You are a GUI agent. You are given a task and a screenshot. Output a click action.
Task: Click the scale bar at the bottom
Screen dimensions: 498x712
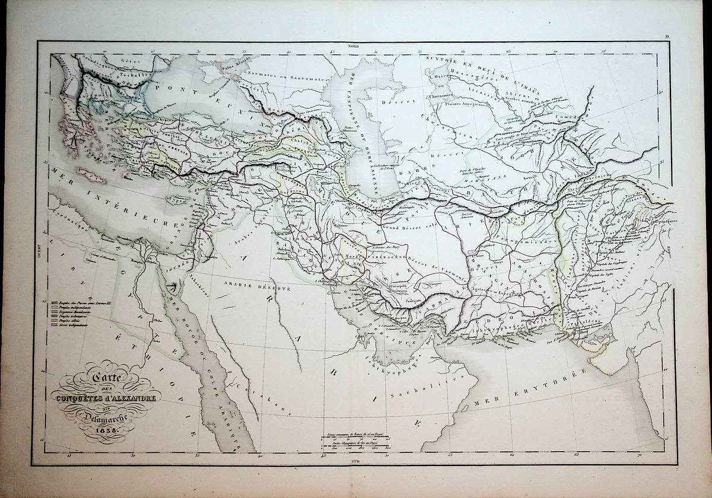click(x=356, y=445)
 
